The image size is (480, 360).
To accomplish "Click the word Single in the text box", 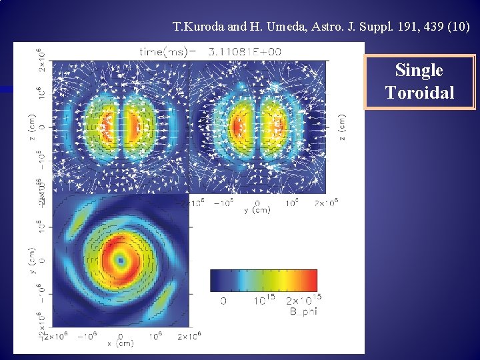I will tap(419, 71).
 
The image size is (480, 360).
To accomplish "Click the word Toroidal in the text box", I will tap(419, 93).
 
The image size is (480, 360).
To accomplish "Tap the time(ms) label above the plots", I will tap(164, 51).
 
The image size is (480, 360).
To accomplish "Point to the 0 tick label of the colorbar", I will tap(223, 301).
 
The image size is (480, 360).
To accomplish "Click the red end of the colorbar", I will tap(312, 280).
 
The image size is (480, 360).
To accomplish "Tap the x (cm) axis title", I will tap(121, 344).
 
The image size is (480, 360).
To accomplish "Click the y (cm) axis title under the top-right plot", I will tap(257, 210).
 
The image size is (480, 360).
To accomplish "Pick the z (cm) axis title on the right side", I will tap(342, 127).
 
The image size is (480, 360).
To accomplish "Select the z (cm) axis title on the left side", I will tap(31, 127).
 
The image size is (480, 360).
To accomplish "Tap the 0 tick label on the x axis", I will tap(121, 336).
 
